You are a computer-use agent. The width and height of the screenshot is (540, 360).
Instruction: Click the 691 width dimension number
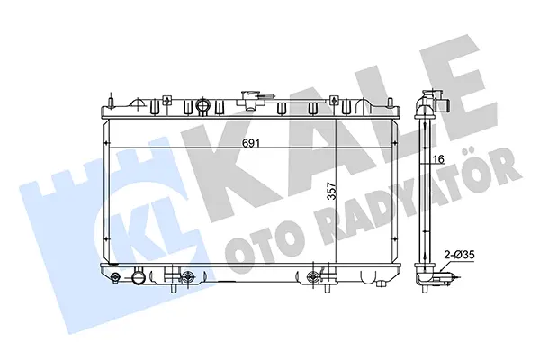click(x=250, y=142)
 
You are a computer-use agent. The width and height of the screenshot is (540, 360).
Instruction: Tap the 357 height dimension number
click(x=331, y=192)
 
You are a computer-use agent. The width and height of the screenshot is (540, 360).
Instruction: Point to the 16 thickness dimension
click(x=438, y=159)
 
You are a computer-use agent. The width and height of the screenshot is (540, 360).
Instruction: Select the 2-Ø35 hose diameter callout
click(x=459, y=255)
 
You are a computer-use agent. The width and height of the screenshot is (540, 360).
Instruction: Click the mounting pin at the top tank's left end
click(x=111, y=103)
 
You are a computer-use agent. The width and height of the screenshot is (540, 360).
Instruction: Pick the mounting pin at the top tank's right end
click(x=390, y=103)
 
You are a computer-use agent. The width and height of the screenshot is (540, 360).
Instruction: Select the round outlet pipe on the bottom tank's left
click(x=139, y=275)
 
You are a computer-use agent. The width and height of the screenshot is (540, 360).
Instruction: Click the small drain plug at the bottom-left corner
click(x=116, y=276)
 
